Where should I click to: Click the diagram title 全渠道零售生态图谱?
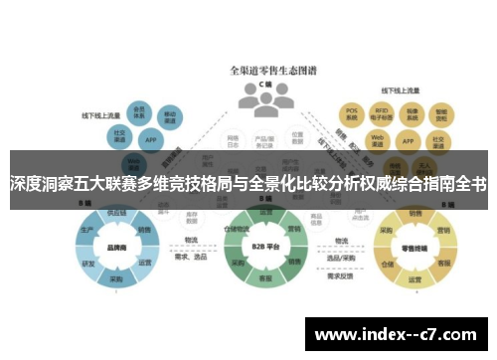pos(263,72)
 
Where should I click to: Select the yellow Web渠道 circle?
pos(378,139)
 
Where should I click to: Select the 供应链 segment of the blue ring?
pos(115,212)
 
